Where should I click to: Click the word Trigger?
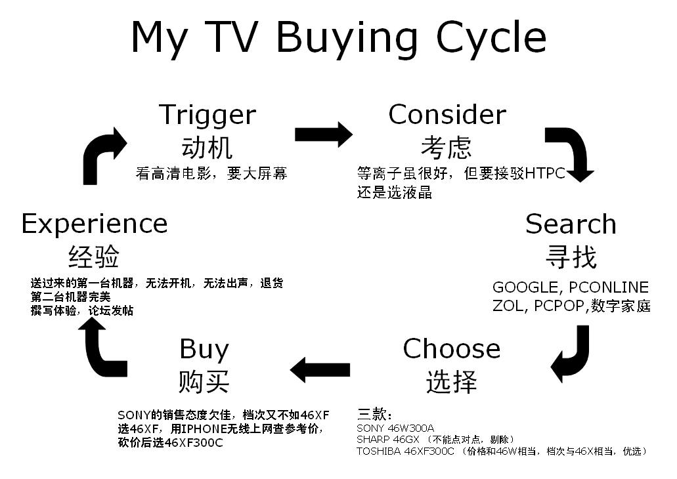pyautogui.click(x=207, y=116)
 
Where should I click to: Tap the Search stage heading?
pyautogui.click(x=571, y=224)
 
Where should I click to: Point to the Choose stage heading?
pyautogui.click(x=452, y=348)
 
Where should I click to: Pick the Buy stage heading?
pyautogui.click(x=204, y=350)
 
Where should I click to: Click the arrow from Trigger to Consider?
pyautogui.click(x=323, y=135)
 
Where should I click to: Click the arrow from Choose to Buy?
pyautogui.click(x=320, y=370)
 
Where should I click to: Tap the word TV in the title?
pyautogui.click(x=231, y=37)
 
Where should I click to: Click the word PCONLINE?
pyautogui.click(x=609, y=287)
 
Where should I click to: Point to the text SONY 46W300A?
pyautogui.click(x=395, y=428)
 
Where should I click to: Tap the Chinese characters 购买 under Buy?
pyautogui.click(x=204, y=381)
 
